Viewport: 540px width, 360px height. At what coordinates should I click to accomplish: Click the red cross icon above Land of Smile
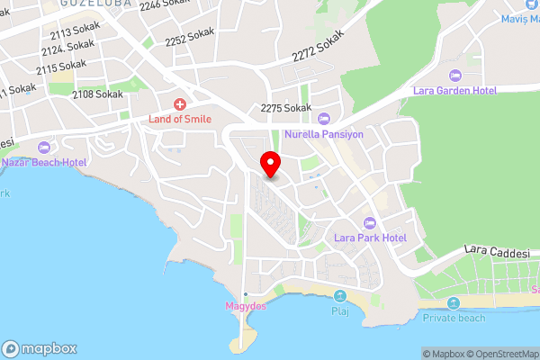click(x=179, y=104)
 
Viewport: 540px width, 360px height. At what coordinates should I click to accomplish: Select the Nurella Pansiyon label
click(x=324, y=136)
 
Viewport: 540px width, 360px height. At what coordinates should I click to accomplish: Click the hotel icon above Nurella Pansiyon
click(x=324, y=120)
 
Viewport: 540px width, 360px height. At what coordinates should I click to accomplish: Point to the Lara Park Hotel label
click(x=370, y=238)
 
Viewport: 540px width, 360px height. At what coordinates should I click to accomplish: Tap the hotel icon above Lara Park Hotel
click(x=369, y=222)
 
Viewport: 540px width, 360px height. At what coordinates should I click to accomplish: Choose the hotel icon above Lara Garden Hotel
click(x=454, y=75)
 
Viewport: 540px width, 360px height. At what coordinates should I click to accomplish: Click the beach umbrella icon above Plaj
click(x=340, y=296)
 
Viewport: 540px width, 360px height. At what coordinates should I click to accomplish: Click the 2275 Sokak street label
click(x=284, y=108)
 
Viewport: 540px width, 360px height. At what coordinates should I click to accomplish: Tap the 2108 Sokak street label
click(x=97, y=94)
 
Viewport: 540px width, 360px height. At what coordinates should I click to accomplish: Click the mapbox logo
click(x=39, y=348)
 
